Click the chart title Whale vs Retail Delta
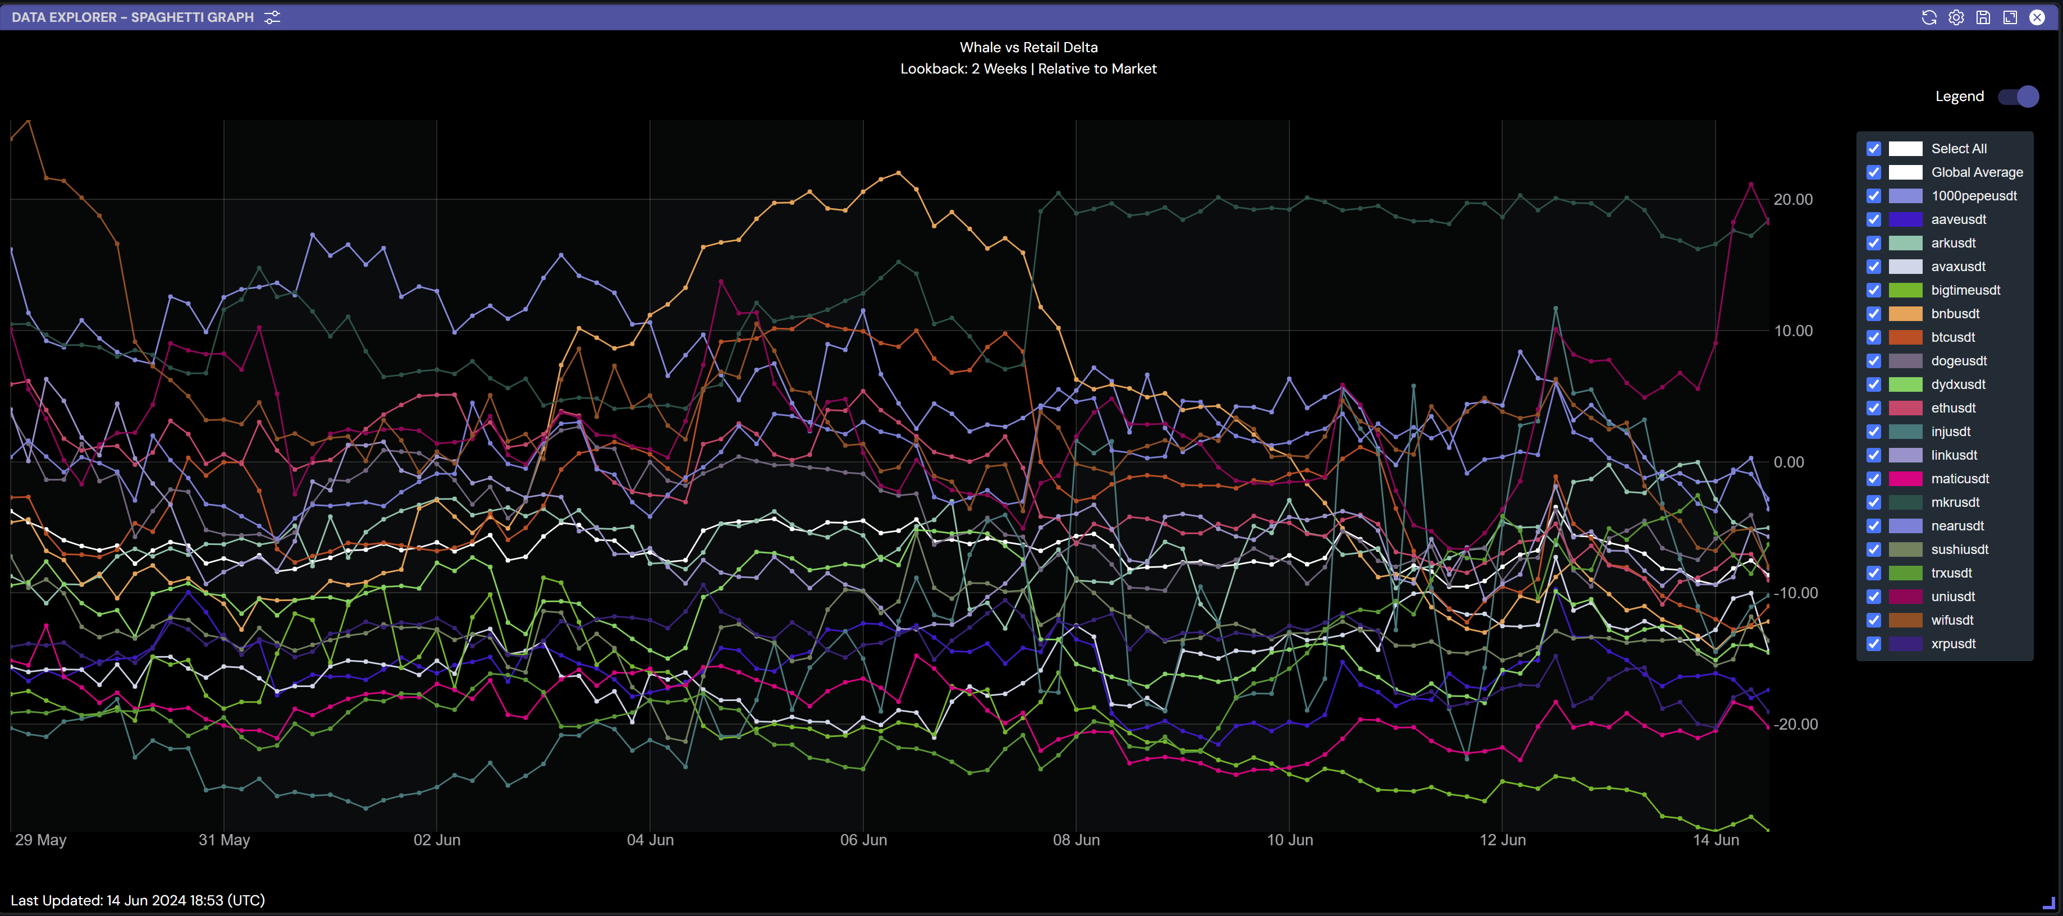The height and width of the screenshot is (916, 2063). (x=1028, y=47)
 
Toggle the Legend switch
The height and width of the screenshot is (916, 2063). (x=2018, y=97)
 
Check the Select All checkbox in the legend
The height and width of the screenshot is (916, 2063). (x=1873, y=149)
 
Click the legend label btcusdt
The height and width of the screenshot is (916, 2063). (x=1952, y=337)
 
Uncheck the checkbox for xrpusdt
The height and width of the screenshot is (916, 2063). (x=1873, y=644)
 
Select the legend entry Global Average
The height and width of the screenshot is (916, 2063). (x=1977, y=172)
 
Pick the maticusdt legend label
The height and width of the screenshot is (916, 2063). (x=1960, y=479)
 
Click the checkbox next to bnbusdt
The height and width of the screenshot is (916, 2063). (x=1873, y=314)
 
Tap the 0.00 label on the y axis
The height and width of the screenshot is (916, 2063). (x=1788, y=462)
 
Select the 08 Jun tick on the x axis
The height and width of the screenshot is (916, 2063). (x=1076, y=840)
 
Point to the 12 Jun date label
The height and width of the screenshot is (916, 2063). (x=1502, y=840)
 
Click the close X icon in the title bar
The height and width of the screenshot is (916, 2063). (x=2037, y=17)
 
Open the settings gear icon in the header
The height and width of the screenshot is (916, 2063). (x=1956, y=17)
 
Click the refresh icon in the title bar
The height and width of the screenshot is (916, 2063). (x=1928, y=17)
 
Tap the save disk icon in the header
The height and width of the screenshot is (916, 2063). (x=1983, y=17)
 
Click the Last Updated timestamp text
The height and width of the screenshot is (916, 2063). (x=138, y=900)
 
